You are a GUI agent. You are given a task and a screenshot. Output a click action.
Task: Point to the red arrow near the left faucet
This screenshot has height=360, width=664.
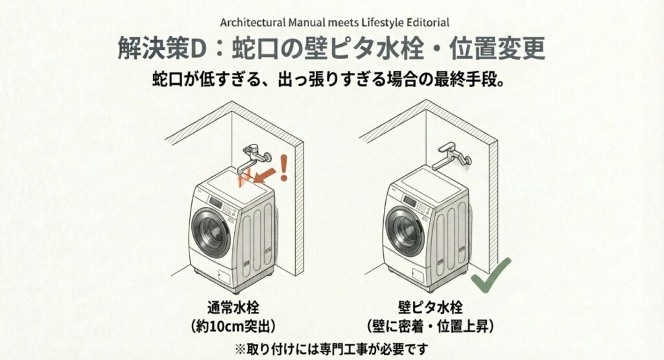tap(267, 173)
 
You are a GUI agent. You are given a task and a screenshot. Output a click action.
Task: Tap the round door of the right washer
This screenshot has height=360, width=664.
tap(407, 232)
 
